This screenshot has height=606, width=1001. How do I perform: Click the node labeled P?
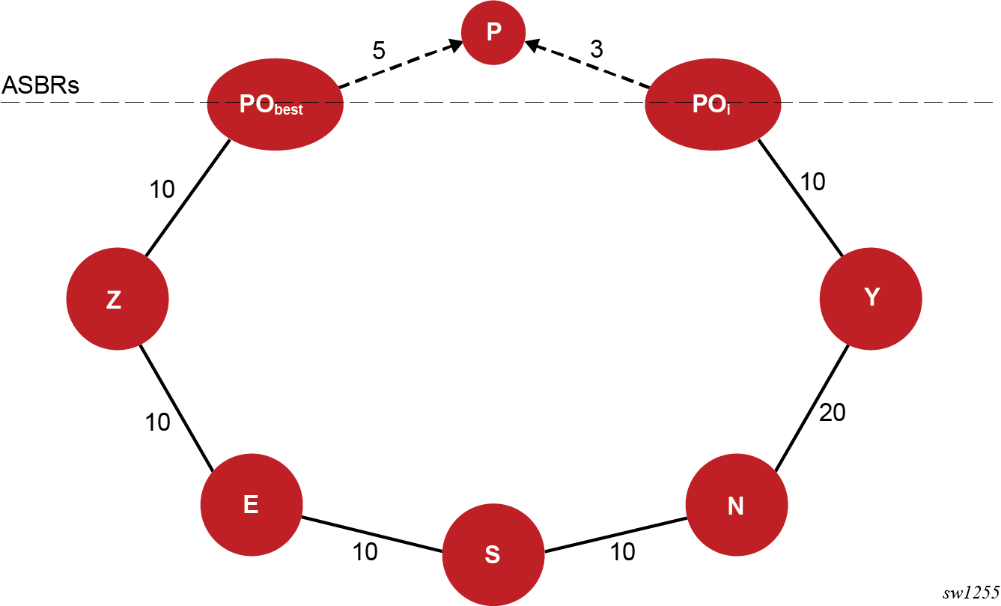(492, 33)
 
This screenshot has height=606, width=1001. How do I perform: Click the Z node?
(118, 298)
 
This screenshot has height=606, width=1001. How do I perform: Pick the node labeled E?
(252, 504)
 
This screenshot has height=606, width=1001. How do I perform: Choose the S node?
(493, 555)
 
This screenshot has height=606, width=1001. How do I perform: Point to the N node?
(737, 506)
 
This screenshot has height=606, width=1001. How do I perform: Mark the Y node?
(871, 298)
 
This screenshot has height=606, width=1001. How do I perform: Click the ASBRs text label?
(40, 85)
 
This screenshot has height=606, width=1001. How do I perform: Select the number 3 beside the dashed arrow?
(596, 49)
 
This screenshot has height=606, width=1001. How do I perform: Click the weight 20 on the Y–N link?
(832, 412)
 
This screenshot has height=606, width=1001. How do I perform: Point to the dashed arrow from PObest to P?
(401, 67)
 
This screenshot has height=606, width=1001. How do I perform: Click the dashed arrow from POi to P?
(588, 68)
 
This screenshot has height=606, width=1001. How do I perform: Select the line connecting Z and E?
(177, 408)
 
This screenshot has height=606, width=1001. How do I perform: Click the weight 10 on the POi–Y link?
(813, 181)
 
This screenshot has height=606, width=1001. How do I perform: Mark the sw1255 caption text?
(970, 593)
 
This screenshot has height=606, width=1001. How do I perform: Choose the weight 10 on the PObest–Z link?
(162, 190)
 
